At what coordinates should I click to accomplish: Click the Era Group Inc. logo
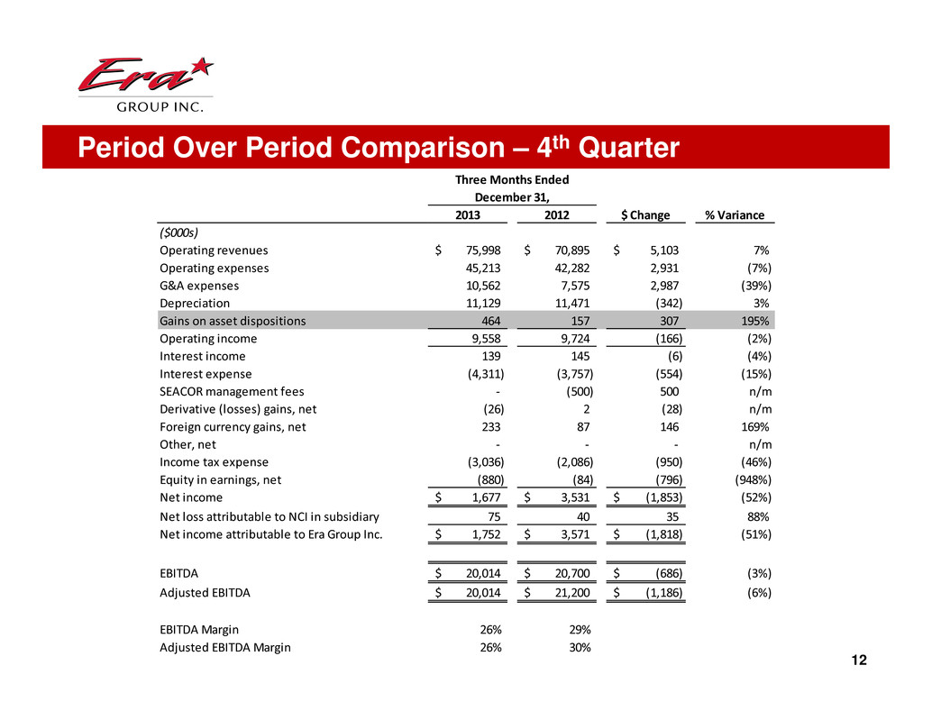(144, 86)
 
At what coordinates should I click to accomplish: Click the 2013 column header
(467, 214)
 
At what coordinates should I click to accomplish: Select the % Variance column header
(734, 214)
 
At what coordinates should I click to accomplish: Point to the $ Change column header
(646, 214)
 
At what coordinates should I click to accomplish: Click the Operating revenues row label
(214, 251)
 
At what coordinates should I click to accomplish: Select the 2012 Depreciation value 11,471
(570, 304)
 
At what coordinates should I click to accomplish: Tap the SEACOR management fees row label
(232, 391)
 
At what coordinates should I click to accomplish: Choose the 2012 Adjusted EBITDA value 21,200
(570, 593)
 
